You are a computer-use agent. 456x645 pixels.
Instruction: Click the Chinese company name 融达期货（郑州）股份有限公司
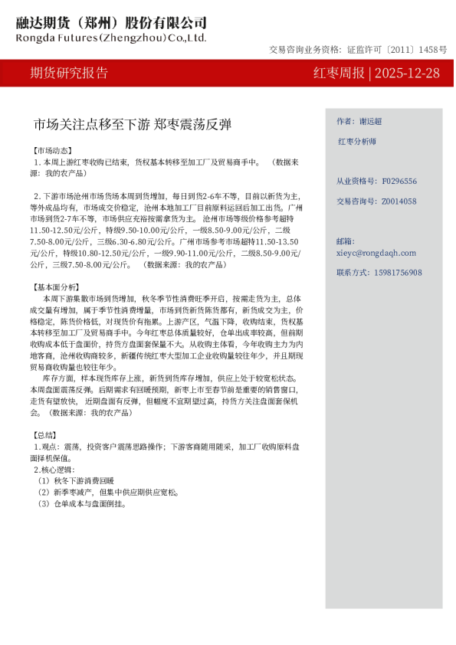[x=111, y=23]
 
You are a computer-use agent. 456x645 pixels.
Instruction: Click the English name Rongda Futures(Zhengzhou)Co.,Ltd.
[x=111, y=37]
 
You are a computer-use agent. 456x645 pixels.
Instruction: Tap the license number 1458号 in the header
[x=433, y=50]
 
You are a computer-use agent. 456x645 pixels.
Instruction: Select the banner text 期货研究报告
[x=69, y=74]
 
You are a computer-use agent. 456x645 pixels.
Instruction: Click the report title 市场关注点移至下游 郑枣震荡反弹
[x=132, y=124]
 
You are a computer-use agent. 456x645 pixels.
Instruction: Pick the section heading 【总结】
[x=45, y=434]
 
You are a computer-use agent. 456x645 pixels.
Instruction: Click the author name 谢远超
[x=371, y=122]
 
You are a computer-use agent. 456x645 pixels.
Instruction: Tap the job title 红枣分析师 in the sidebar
[x=357, y=142]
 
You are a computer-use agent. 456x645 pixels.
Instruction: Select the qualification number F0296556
[x=399, y=182]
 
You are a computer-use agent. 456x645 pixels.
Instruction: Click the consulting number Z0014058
[x=399, y=201]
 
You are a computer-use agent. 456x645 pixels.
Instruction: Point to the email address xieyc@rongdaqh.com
[x=376, y=252]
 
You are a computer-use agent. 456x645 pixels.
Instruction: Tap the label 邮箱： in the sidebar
[x=346, y=241]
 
